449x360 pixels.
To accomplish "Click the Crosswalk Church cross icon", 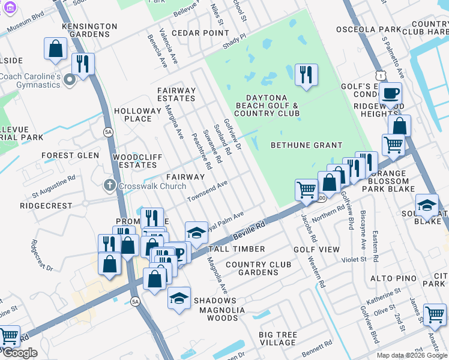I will pos(109,186).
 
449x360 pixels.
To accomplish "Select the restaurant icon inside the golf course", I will pos(306,74).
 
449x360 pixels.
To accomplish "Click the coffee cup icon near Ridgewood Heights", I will pos(390,93).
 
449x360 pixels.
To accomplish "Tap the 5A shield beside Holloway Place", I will pos(108,131).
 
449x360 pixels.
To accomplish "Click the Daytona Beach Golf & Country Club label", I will pos(267,106).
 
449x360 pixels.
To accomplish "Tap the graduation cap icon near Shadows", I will pos(179,298).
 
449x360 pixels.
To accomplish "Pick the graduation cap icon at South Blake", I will pos(427,205).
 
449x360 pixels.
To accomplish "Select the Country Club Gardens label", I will pos(258,268).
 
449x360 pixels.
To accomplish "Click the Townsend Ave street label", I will pos(208,191).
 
